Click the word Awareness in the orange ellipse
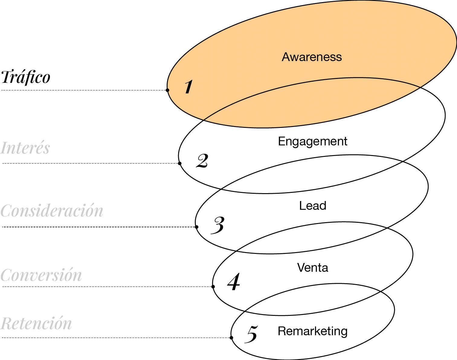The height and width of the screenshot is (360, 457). click(x=312, y=57)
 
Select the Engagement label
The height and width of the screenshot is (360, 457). click(x=313, y=141)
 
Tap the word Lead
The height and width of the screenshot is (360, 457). click(x=313, y=206)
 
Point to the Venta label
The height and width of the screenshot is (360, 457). click(x=313, y=268)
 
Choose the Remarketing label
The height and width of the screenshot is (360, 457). click(x=313, y=331)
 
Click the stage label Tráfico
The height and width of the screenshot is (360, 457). click(x=26, y=77)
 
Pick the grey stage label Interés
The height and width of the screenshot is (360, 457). click(x=25, y=148)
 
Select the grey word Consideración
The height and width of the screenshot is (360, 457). click(x=52, y=211)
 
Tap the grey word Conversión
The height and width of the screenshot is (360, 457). click(x=41, y=275)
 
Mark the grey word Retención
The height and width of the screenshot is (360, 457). click(x=36, y=323)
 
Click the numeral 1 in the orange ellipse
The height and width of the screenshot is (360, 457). click(x=188, y=87)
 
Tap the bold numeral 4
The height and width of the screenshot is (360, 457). click(x=234, y=282)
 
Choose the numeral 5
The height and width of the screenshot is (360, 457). click(x=252, y=334)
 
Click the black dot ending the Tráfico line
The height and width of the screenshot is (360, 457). click(x=167, y=90)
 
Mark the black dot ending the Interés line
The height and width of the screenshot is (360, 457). click(x=180, y=164)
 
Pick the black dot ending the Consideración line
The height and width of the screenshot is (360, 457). click(x=197, y=227)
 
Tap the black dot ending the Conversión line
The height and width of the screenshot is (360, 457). click(x=213, y=287)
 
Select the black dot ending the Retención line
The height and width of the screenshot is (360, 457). click(x=232, y=338)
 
